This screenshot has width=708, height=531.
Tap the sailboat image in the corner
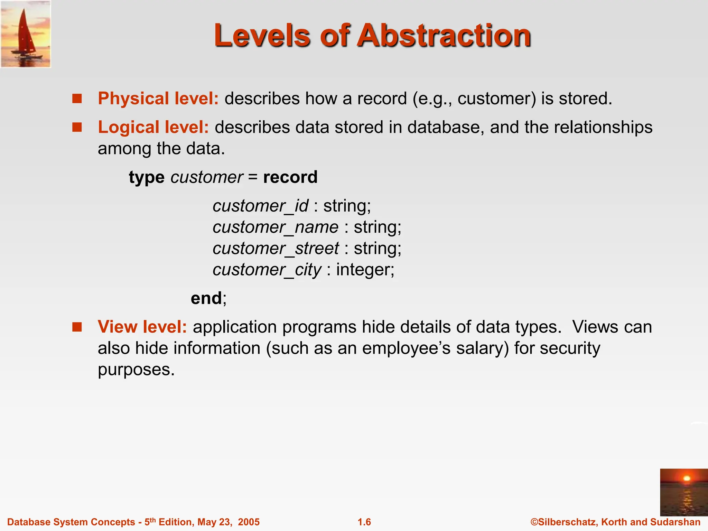pyautogui.click(x=26, y=34)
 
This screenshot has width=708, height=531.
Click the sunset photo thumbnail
pyautogui.click(x=683, y=492)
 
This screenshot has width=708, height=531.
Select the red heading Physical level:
pyautogui.click(x=158, y=99)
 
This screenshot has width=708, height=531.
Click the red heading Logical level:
pyautogui.click(x=153, y=127)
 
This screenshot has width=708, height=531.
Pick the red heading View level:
pyautogui.click(x=142, y=327)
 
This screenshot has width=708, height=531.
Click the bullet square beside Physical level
pyautogui.click(x=77, y=99)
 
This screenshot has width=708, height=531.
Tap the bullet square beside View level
pyautogui.click(x=77, y=327)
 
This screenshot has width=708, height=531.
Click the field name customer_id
pyautogui.click(x=260, y=206)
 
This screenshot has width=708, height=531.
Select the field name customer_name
pyautogui.click(x=276, y=227)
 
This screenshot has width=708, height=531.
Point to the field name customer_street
pyautogui.click(x=276, y=249)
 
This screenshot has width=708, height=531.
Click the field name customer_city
pyautogui.click(x=267, y=270)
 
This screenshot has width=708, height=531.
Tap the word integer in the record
pyautogui.click(x=365, y=270)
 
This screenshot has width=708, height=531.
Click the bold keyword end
pyautogui.click(x=206, y=298)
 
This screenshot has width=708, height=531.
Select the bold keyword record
pyautogui.click(x=290, y=177)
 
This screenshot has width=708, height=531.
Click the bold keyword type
pyautogui.click(x=147, y=177)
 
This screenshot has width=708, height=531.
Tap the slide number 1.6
pyautogui.click(x=364, y=522)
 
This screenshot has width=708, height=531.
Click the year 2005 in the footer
pyautogui.click(x=249, y=522)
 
